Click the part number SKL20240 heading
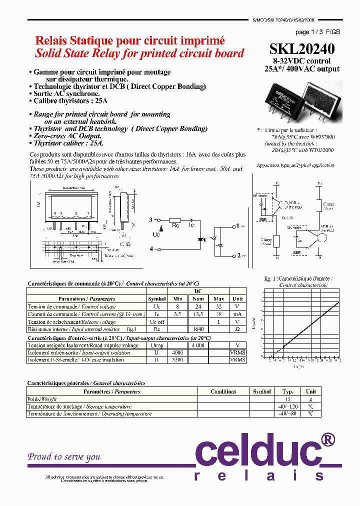(x=302, y=49)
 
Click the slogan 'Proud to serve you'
(x=64, y=456)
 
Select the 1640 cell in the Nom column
(x=198, y=329)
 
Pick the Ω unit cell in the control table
(x=237, y=329)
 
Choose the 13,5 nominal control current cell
(x=198, y=314)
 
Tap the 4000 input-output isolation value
(x=177, y=352)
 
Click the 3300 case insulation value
(x=177, y=359)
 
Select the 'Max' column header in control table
(x=218, y=298)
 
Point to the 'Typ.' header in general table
(x=287, y=391)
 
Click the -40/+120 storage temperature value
(x=287, y=406)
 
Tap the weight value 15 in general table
(x=287, y=399)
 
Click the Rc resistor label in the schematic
(x=175, y=226)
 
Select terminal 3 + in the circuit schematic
(x=153, y=219)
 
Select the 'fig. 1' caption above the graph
(x=270, y=278)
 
